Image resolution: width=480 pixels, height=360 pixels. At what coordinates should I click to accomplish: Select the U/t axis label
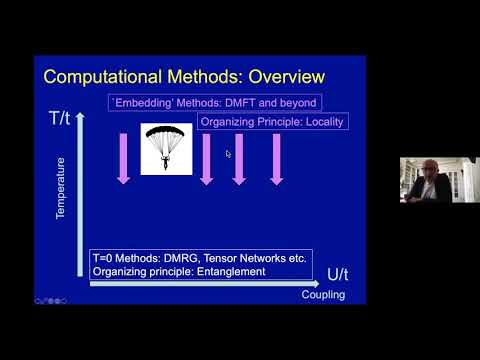(340, 274)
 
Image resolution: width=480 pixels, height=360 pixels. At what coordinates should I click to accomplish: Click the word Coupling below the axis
(322, 294)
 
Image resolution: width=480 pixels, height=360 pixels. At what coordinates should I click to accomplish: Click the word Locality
(318, 121)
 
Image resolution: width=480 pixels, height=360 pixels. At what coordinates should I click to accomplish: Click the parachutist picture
(166, 149)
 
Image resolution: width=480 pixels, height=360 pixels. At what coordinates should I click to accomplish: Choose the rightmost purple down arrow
(276, 158)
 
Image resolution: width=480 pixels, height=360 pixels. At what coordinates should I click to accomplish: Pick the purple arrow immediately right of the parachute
(207, 158)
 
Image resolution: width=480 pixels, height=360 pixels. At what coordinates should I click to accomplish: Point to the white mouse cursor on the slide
(228, 154)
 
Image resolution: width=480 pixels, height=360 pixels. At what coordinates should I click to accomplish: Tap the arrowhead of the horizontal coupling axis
(317, 284)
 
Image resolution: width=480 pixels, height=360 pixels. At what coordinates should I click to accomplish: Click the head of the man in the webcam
(418, 170)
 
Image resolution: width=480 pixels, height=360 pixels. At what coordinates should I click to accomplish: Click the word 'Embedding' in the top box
(142, 103)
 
